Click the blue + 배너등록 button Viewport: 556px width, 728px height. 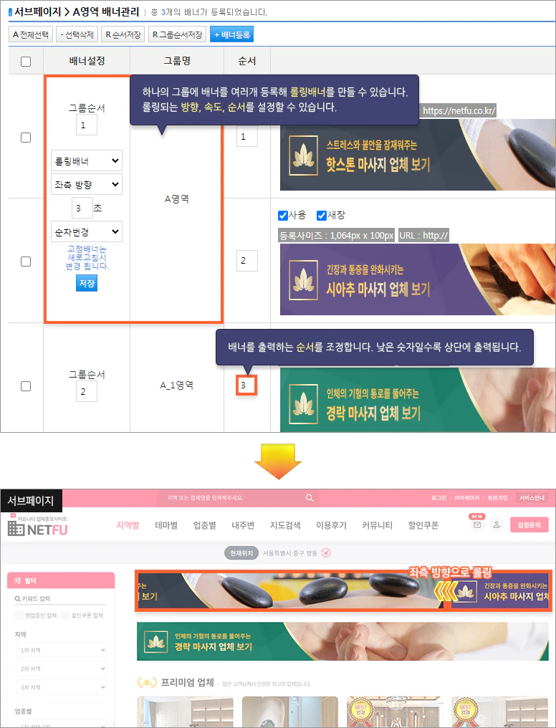[x=231, y=34]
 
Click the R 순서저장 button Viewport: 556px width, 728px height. [x=123, y=34]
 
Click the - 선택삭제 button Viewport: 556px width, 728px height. [x=77, y=34]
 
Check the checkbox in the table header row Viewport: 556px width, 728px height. [x=26, y=62]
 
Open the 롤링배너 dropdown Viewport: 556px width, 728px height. [x=87, y=161]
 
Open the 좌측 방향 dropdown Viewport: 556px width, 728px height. [x=87, y=184]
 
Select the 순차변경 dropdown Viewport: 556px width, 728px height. [x=87, y=231]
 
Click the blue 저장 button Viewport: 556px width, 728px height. [x=86, y=284]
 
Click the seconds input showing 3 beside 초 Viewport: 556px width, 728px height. [x=82, y=208]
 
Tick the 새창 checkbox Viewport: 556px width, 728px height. [x=322, y=215]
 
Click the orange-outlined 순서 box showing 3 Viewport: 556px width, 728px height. [x=246, y=385]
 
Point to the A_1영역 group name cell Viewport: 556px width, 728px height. [x=176, y=385]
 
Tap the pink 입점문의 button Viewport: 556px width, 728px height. [x=529, y=525]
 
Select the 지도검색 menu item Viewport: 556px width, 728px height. [x=285, y=525]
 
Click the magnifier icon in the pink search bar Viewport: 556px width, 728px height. [x=310, y=498]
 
